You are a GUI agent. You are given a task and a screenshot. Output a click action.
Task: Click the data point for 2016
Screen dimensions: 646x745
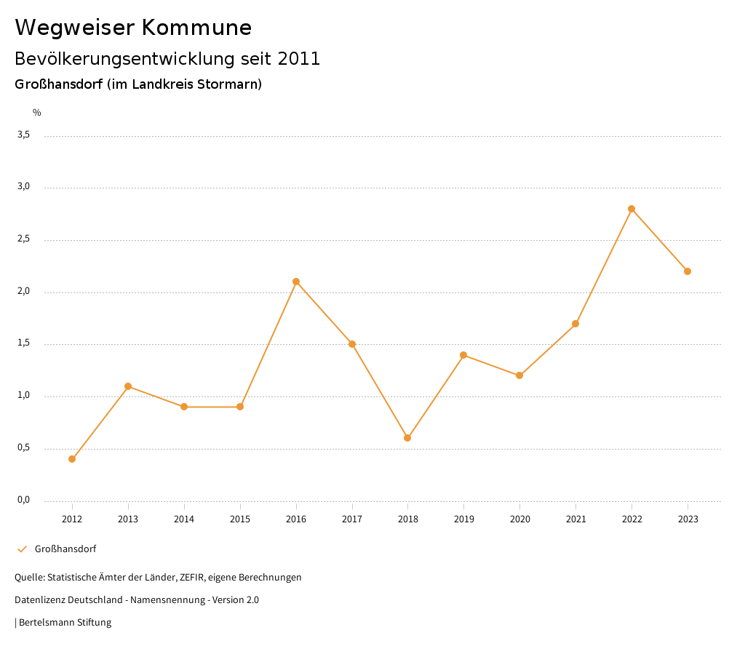click(296, 282)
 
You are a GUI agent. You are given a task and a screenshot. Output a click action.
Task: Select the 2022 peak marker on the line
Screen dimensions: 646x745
click(632, 209)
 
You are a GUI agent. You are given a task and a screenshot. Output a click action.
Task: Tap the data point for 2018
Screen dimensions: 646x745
click(407, 438)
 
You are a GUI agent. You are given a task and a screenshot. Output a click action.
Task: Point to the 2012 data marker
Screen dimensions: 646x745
click(72, 459)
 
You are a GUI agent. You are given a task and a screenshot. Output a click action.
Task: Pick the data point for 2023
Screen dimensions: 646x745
click(688, 271)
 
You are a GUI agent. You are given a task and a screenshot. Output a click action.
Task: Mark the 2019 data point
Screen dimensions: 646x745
click(463, 355)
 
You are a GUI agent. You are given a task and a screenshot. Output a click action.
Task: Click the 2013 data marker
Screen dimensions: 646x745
click(128, 386)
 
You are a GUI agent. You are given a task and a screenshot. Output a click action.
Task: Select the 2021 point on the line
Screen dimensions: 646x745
click(575, 324)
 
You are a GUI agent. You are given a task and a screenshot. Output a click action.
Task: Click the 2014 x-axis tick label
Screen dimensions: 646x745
click(184, 519)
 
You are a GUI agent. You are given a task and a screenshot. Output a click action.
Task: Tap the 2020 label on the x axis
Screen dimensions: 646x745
click(519, 519)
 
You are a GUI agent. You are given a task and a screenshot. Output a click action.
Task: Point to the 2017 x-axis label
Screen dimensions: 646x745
click(352, 519)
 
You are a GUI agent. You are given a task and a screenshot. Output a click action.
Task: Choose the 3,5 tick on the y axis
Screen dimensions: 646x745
click(24, 135)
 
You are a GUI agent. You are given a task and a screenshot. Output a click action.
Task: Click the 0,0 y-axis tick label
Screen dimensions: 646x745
click(24, 500)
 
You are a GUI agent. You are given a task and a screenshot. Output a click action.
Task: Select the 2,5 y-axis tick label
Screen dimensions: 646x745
click(24, 239)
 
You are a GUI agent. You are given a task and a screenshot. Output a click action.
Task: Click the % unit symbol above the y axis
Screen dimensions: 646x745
click(37, 113)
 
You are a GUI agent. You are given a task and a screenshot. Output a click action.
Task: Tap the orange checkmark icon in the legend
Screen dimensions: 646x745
click(22, 549)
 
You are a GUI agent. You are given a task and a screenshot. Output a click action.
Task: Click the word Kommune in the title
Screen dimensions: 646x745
click(196, 28)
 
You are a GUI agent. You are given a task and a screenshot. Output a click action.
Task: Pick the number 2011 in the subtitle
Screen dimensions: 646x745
click(299, 59)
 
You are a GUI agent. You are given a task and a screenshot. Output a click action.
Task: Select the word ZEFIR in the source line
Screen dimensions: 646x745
click(191, 578)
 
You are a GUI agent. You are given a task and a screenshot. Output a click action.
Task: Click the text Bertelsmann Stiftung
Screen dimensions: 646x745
click(65, 623)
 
